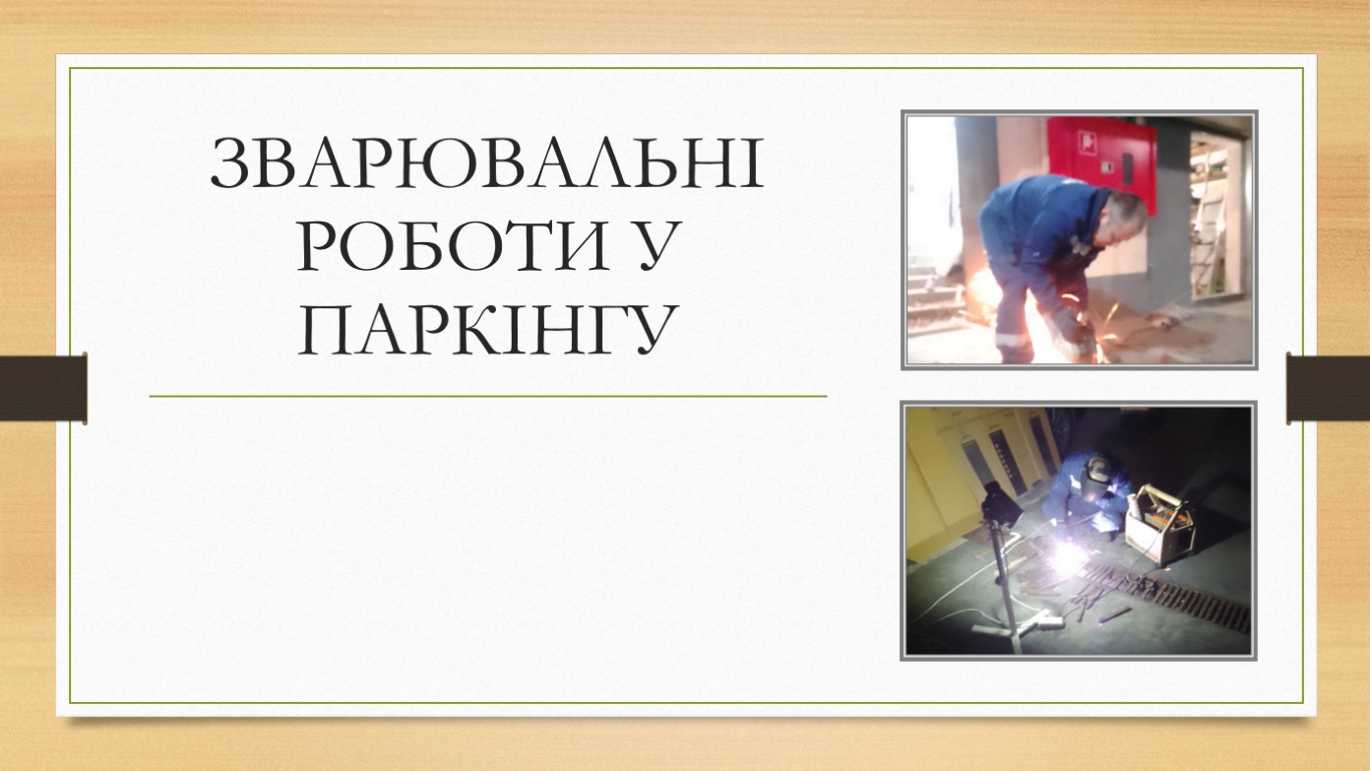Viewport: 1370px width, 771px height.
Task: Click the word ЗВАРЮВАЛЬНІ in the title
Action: (x=487, y=163)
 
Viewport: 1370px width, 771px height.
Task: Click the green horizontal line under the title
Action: (x=488, y=397)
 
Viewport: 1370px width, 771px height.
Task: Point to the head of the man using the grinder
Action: (x=1125, y=211)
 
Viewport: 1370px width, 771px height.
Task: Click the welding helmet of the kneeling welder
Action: (x=1097, y=470)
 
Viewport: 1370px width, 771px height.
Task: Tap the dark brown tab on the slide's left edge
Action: (x=43, y=389)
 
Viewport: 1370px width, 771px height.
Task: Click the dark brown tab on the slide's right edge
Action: (x=1328, y=389)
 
